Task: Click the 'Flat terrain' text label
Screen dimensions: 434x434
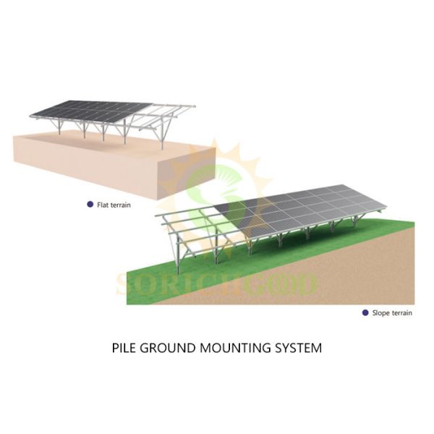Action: click(x=114, y=205)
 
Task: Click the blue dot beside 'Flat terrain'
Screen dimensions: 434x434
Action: click(x=89, y=205)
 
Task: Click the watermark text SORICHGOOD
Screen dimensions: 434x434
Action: click(x=217, y=284)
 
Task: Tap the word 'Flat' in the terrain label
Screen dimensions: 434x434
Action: click(x=103, y=205)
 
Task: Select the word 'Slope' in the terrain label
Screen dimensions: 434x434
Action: click(x=382, y=312)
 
